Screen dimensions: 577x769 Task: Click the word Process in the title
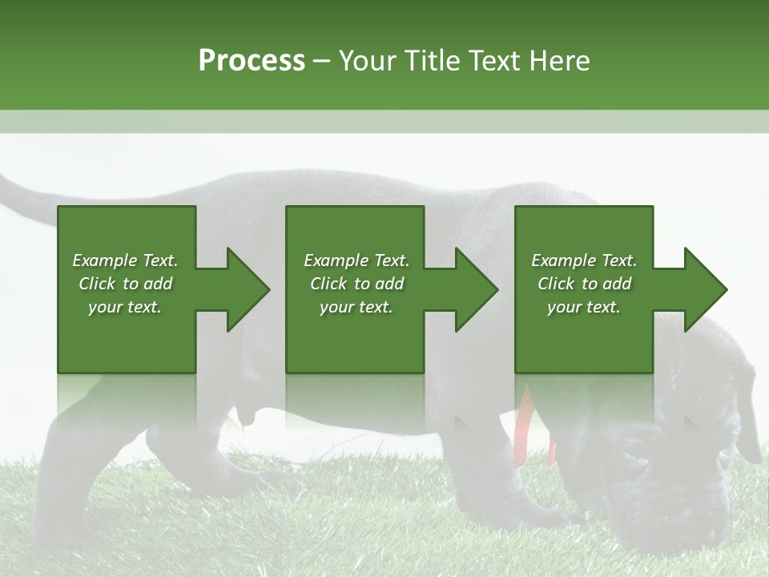tap(252, 61)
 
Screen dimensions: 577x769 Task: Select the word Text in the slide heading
tap(496, 61)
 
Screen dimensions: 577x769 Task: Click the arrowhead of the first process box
tap(248, 289)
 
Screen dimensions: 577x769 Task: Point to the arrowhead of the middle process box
tap(476, 289)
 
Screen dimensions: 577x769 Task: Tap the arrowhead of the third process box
tap(705, 289)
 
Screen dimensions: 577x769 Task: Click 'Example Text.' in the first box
tap(125, 260)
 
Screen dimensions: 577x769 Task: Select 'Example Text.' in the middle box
tap(356, 260)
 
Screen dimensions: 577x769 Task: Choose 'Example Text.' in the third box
tap(584, 260)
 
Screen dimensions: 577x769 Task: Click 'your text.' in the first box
tap(125, 307)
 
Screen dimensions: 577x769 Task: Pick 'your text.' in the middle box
tap(356, 307)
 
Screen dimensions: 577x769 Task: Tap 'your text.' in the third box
tap(584, 307)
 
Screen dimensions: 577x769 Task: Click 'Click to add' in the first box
tap(125, 284)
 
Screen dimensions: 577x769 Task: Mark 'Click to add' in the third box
tap(584, 284)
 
